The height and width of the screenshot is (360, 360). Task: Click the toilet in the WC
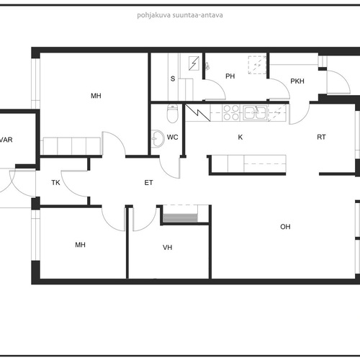click(172, 113)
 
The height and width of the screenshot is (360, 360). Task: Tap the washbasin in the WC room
click(157, 139)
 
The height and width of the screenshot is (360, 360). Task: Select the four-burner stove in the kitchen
click(231, 112)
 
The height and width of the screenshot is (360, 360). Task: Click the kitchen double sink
click(255, 112)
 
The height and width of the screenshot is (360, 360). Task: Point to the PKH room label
click(297, 81)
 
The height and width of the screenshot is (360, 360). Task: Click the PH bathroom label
click(230, 76)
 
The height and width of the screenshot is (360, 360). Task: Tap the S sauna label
click(173, 78)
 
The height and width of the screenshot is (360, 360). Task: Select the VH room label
click(167, 248)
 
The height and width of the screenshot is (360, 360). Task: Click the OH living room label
click(285, 227)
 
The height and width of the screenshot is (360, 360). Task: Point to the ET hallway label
click(148, 183)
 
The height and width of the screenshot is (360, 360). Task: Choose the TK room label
click(55, 183)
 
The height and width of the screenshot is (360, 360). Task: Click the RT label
click(321, 138)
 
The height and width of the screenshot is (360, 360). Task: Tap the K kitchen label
click(240, 138)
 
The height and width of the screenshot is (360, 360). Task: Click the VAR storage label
click(6, 140)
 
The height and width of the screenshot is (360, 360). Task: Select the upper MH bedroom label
click(96, 96)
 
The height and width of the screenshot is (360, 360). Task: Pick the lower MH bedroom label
click(80, 245)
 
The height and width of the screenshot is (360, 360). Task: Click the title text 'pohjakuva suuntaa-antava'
click(180, 15)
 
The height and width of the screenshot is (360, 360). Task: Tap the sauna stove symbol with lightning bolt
click(194, 63)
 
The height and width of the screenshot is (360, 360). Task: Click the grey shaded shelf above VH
click(180, 217)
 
